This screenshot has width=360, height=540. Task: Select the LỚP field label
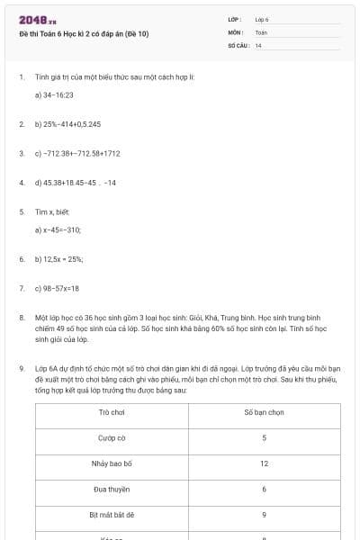tap(235, 19)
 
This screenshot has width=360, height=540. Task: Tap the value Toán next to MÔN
tap(261, 32)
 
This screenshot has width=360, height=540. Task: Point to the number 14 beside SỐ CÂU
tap(258, 45)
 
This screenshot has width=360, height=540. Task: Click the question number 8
tap(21, 318)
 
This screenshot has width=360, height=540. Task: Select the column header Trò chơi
tap(112, 411)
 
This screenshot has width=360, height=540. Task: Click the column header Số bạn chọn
tap(264, 411)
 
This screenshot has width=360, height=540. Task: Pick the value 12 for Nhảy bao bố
tap(264, 463)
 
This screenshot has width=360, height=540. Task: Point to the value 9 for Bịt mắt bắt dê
tap(264, 515)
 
